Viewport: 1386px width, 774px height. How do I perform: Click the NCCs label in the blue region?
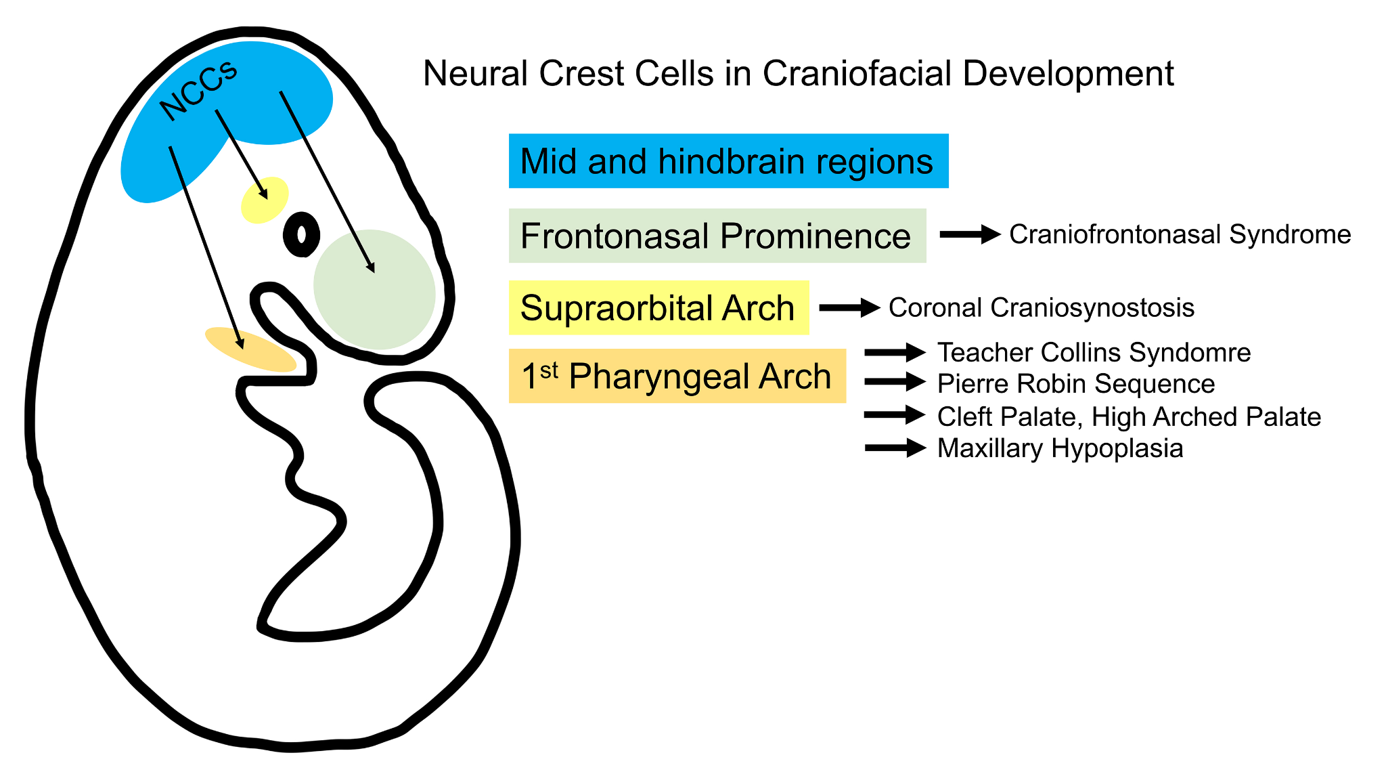coord(198,91)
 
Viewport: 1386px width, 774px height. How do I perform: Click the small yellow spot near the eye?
coord(265,200)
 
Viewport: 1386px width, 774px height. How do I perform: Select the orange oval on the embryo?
coord(250,349)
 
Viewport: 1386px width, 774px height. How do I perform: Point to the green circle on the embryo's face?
coord(374,290)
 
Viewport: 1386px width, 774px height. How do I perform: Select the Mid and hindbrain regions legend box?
coord(728,161)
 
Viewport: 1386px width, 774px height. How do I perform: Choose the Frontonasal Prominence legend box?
coord(717,236)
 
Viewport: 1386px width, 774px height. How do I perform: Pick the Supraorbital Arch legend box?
coord(658,307)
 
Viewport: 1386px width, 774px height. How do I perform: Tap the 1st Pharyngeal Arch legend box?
coord(677,376)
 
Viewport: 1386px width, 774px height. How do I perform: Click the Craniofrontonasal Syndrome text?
coord(1180,234)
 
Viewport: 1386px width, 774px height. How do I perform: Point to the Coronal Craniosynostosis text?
coord(1041,307)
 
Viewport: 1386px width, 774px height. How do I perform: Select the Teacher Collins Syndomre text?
coord(1094,352)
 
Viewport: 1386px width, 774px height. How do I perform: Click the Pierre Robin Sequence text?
coord(1075,383)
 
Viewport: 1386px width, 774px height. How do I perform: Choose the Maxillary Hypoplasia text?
coord(1060,448)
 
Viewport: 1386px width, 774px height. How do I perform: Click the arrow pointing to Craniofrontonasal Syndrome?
coord(970,234)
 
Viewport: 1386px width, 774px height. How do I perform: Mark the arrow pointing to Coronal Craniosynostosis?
coord(849,307)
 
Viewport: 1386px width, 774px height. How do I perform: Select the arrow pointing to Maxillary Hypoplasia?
coord(895,448)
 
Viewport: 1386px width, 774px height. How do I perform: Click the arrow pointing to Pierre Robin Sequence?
coord(895,382)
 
